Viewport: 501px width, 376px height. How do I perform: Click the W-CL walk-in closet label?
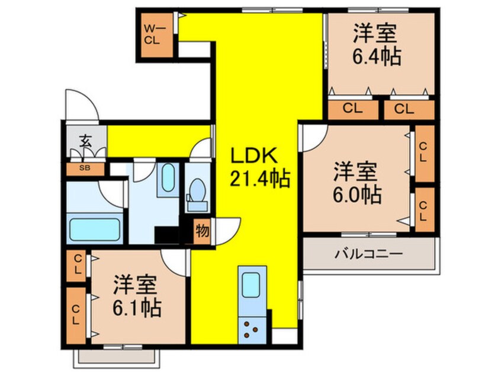(153, 34)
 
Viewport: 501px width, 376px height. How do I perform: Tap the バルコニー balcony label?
(368, 254)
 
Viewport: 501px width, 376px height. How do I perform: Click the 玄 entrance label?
(86, 142)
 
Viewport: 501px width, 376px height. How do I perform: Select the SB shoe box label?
(85, 168)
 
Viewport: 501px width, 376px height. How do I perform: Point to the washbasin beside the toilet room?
(168, 180)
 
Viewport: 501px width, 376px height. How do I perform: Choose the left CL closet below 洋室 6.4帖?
(352, 109)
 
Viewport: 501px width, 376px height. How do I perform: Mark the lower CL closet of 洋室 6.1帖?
(76, 315)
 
